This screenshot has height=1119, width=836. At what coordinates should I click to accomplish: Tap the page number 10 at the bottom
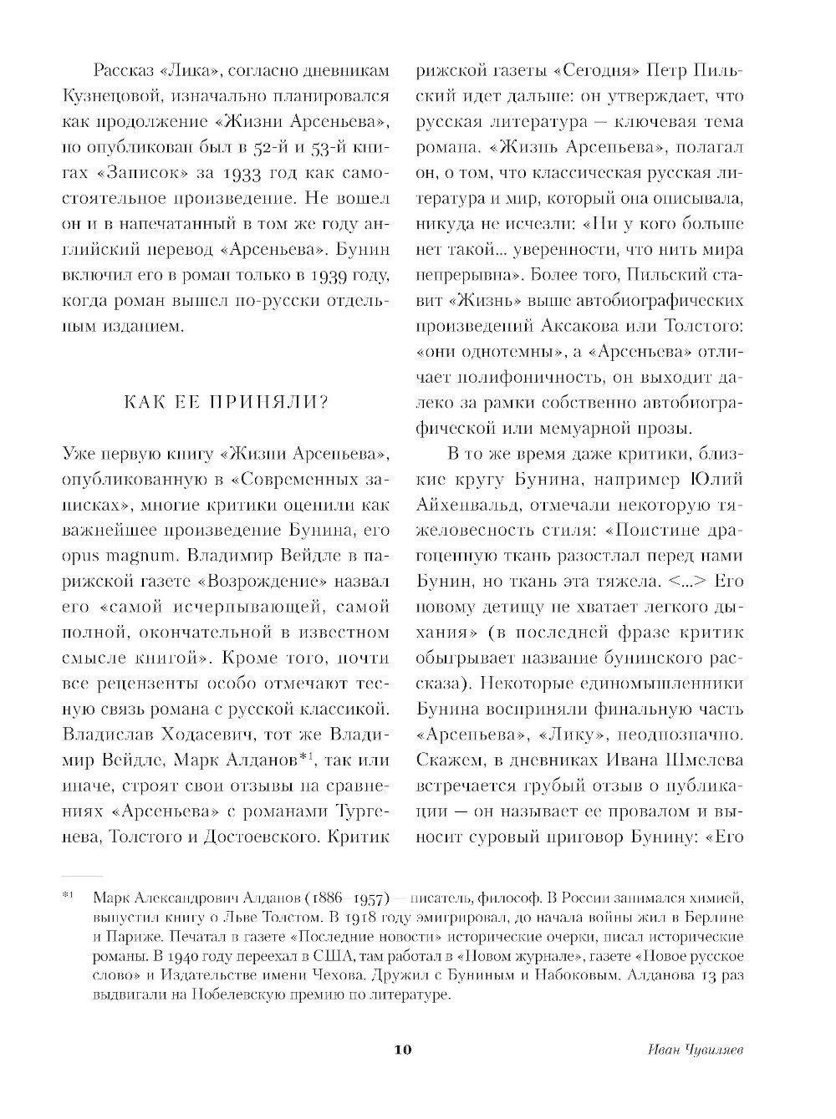click(404, 1050)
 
